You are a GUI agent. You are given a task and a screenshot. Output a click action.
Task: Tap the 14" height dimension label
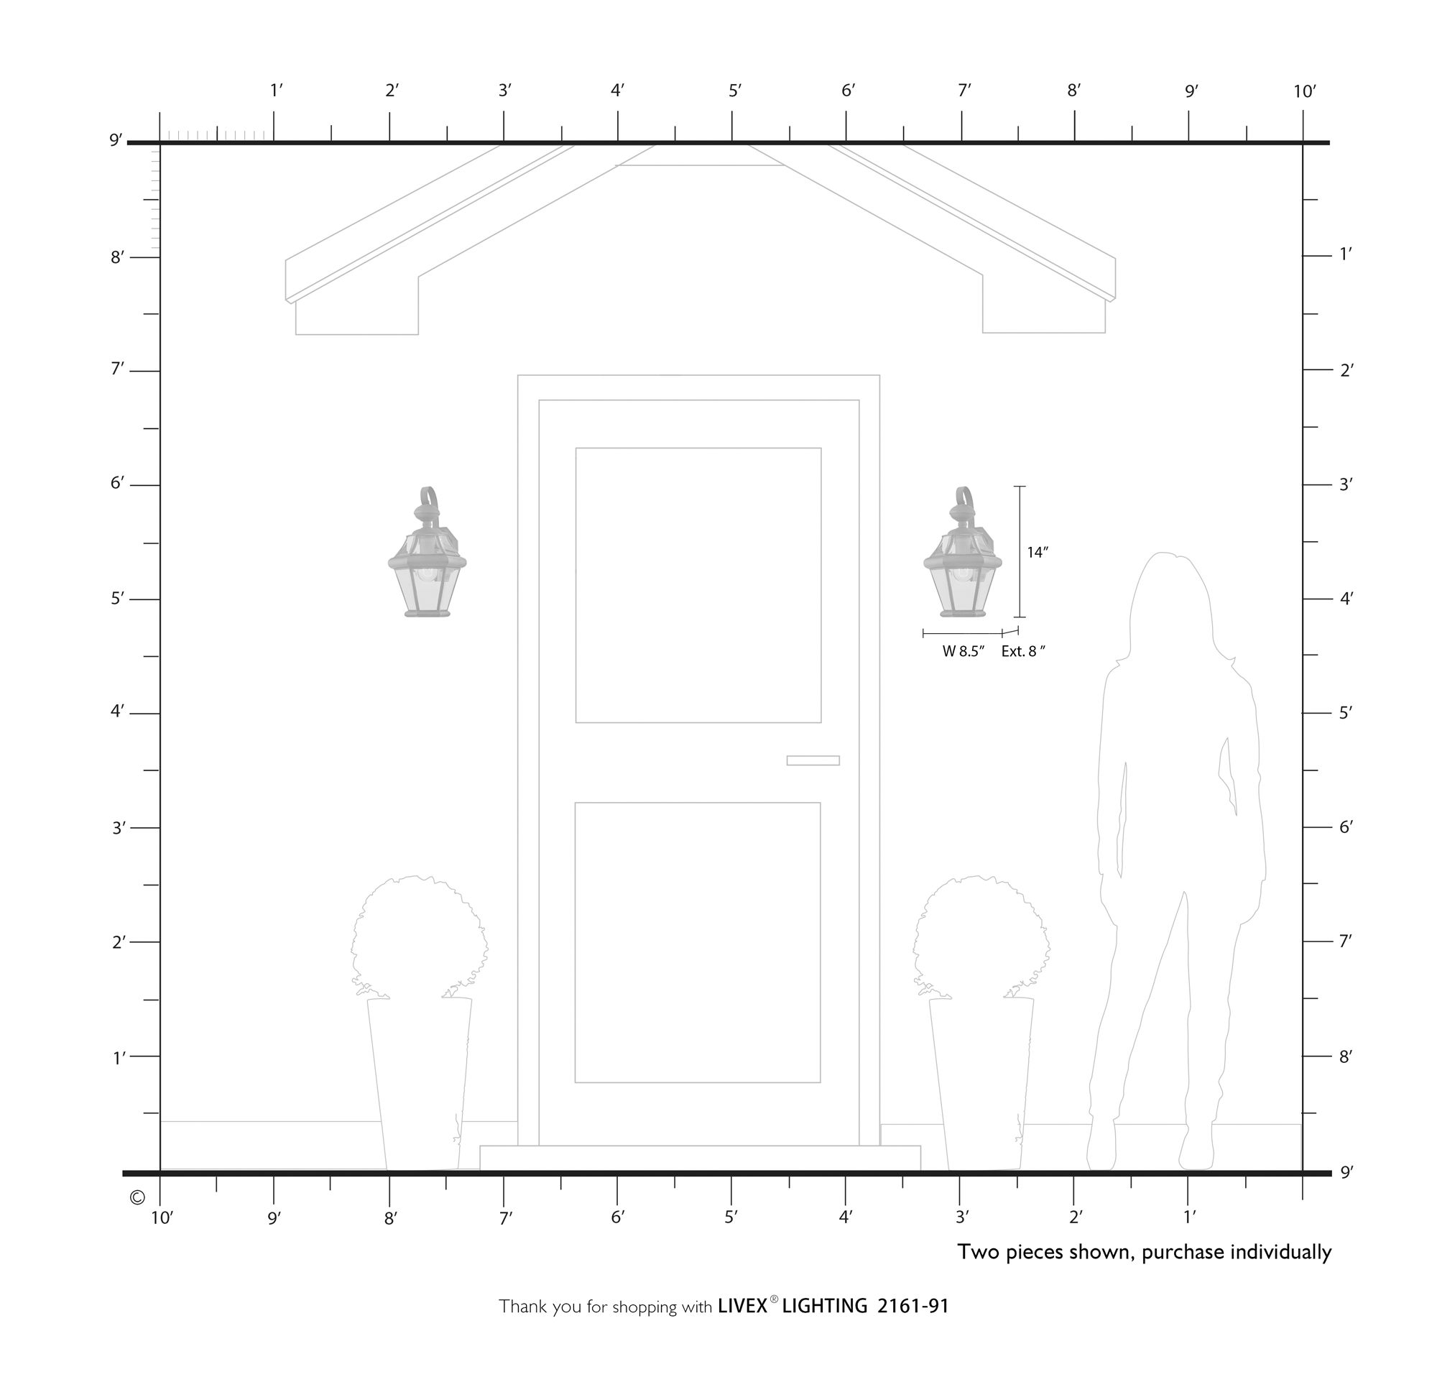1037,553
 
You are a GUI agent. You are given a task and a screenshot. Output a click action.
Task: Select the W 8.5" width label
963,651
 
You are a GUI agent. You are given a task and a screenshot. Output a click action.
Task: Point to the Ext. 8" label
1022,651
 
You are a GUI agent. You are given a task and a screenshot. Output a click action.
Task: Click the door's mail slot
813,760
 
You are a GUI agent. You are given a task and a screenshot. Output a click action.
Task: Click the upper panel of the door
698,585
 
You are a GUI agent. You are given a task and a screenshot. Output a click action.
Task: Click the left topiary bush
419,937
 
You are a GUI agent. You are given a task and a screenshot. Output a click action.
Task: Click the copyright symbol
137,1198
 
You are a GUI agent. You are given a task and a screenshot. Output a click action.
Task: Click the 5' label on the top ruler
735,91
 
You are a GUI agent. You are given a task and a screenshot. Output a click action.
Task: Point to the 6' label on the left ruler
118,484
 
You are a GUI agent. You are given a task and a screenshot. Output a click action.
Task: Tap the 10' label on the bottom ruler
162,1218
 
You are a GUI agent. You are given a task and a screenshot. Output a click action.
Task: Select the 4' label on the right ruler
1345,599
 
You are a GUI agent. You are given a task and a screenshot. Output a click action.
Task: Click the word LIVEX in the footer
742,1306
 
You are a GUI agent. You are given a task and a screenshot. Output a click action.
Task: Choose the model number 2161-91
913,1306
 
